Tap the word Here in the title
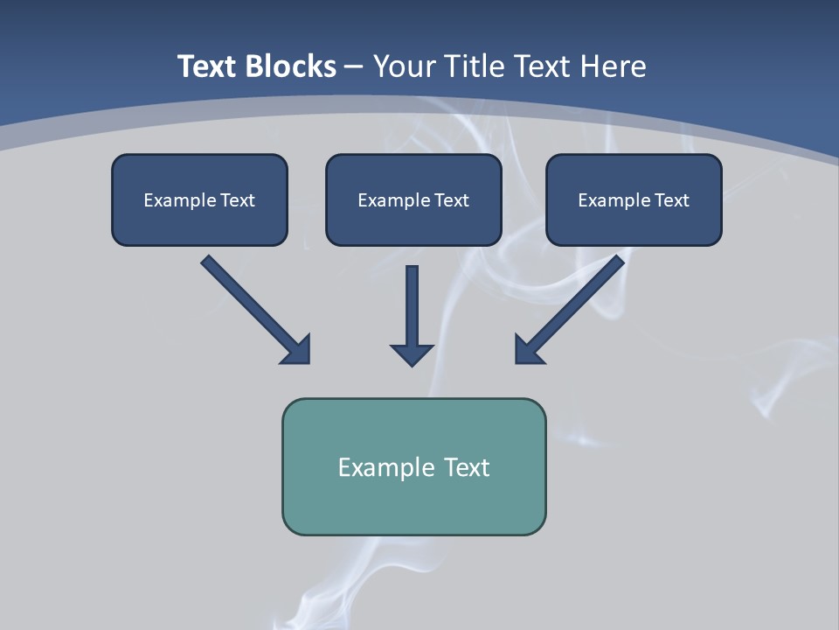click(611, 66)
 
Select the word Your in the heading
click(406, 66)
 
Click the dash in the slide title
click(354, 66)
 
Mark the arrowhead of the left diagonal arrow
click(297, 350)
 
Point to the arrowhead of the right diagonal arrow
click(529, 350)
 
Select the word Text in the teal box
click(467, 467)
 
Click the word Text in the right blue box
click(671, 200)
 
